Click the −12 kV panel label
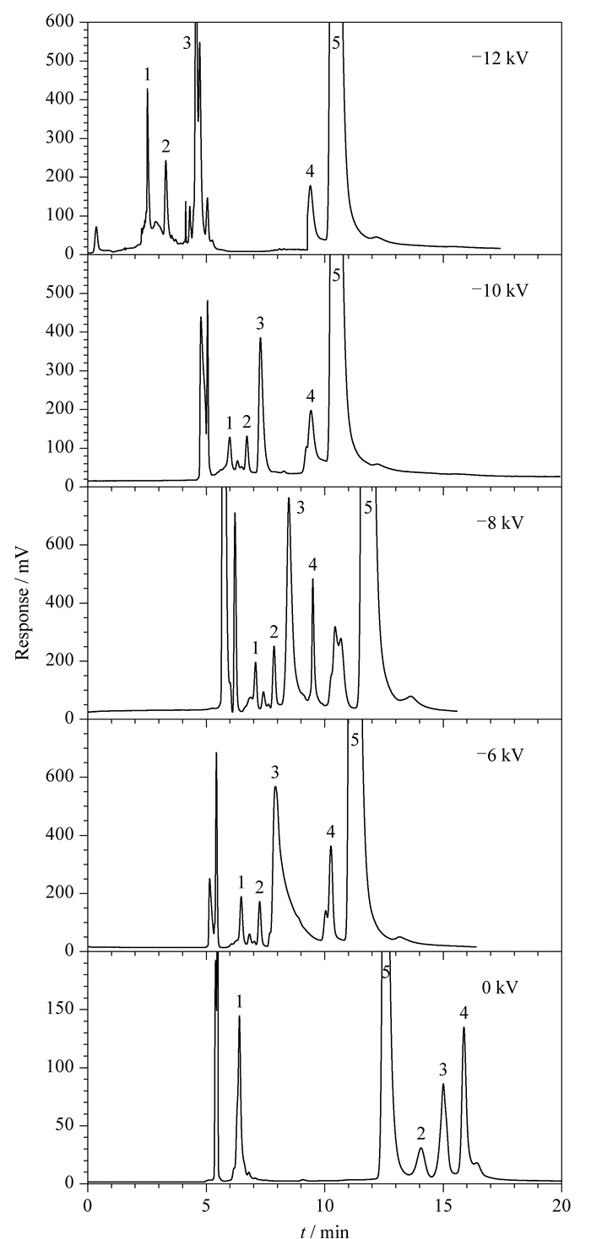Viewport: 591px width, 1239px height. pyautogui.click(x=500, y=59)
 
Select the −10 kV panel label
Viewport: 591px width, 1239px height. pyautogui.click(x=500, y=290)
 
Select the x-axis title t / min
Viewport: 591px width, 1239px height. pyautogui.click(x=325, y=1231)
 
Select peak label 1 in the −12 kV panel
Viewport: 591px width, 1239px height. pyautogui.click(x=148, y=73)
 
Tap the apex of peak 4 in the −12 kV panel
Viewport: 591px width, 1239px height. pyautogui.click(x=310, y=186)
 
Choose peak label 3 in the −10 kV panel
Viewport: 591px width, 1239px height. pyautogui.click(x=260, y=322)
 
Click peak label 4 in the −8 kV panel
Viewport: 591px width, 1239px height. pyautogui.click(x=313, y=565)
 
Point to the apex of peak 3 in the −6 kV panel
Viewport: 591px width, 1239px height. pyautogui.click(x=275, y=787)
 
